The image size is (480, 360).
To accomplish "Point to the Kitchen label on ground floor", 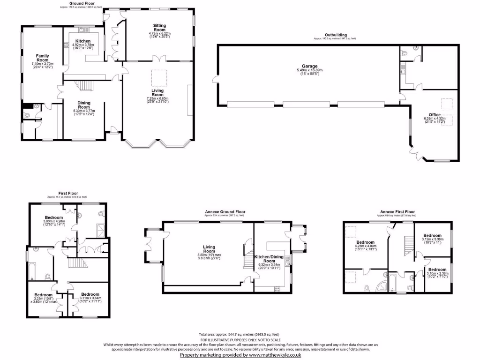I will coord(83,42).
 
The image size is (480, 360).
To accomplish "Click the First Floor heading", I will coord(67,193).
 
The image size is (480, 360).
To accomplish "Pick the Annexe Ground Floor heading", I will coord(225,212).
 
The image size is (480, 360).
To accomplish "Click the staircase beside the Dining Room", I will coord(85,86).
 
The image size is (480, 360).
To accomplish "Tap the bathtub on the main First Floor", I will coord(32,270).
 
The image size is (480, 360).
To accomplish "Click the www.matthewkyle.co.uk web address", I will coord(274,355).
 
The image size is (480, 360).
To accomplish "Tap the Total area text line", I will coord(240,334).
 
